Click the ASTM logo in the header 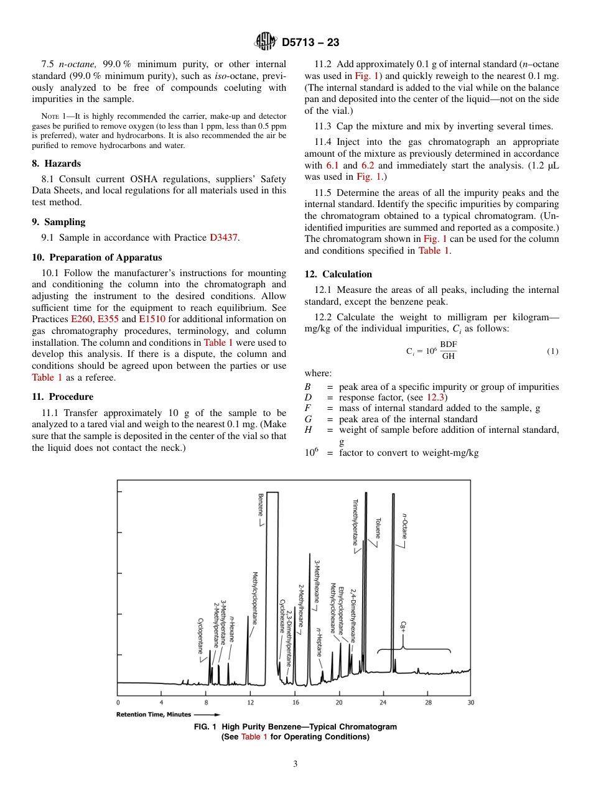(x=266, y=42)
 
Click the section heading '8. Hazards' (x=57, y=164)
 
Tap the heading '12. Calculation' (x=338, y=274)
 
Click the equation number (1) (x=552, y=351)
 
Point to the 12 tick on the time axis (x=251, y=702)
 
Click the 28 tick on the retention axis (x=428, y=702)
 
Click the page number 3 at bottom (x=295, y=764)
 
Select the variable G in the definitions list (x=307, y=419)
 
